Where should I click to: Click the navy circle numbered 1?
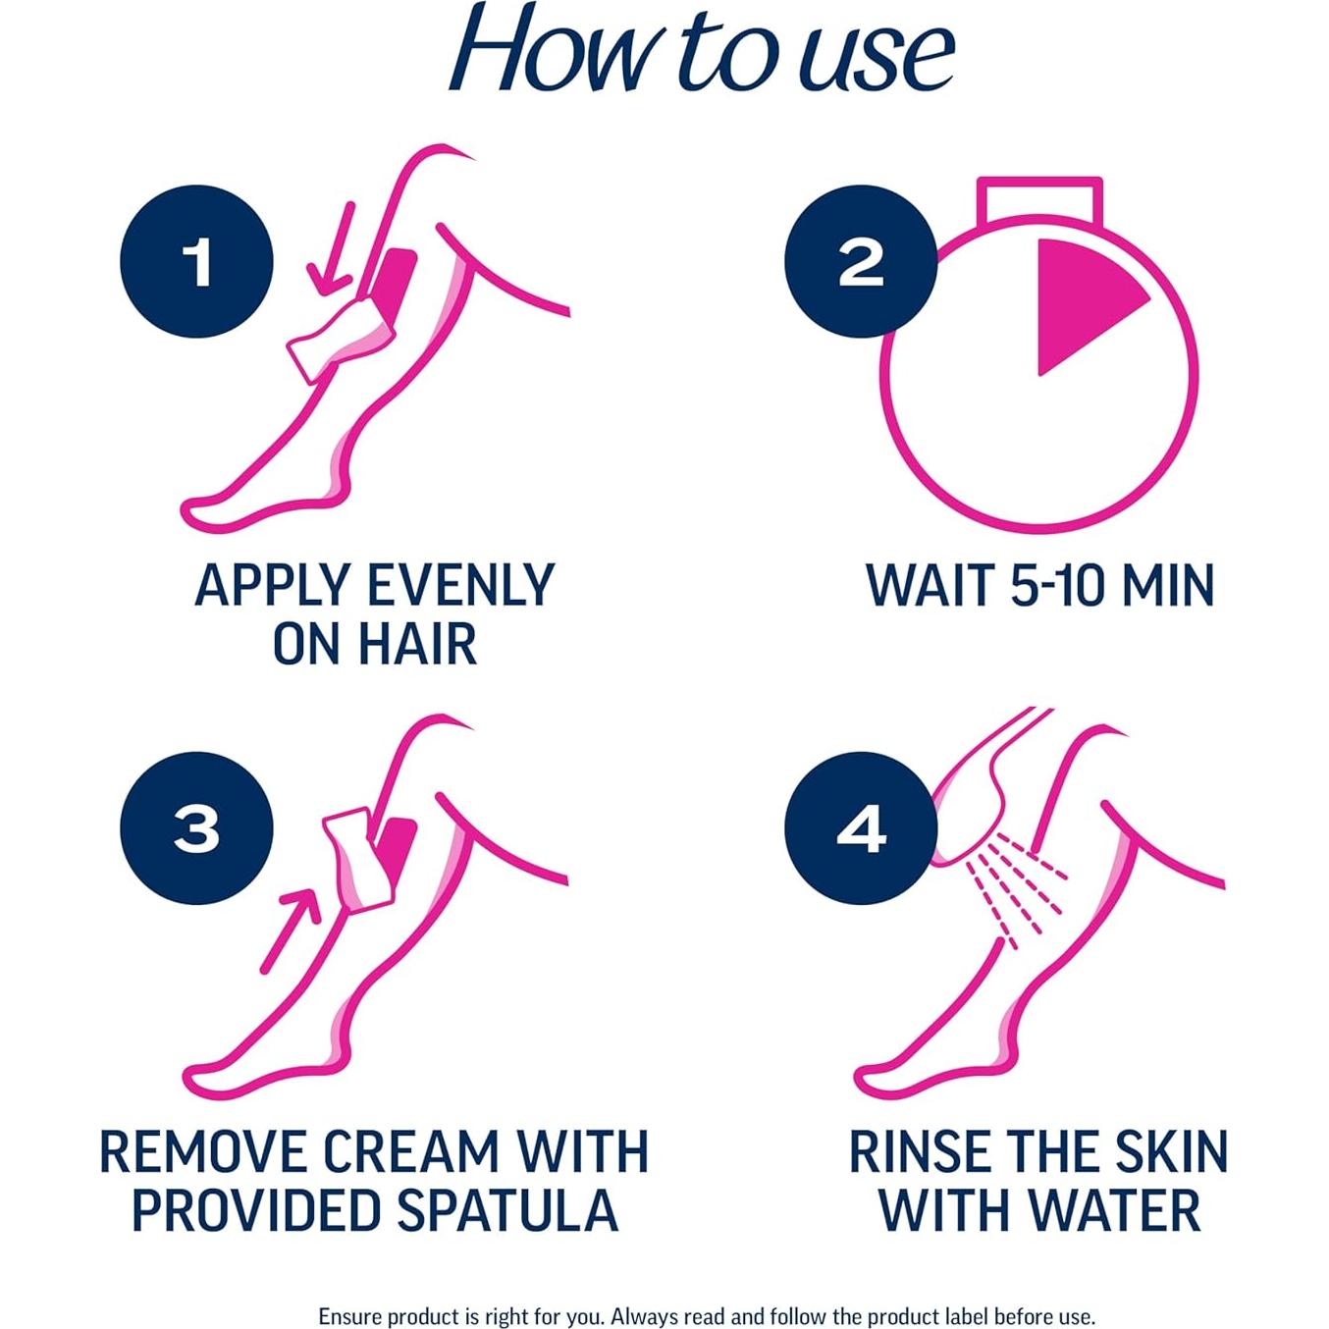(x=196, y=262)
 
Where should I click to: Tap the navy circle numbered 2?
(x=861, y=262)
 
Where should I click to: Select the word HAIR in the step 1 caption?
(x=416, y=644)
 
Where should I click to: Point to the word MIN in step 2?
(x=1167, y=585)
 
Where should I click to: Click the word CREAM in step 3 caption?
(x=411, y=1151)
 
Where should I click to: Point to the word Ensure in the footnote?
(x=348, y=1316)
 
